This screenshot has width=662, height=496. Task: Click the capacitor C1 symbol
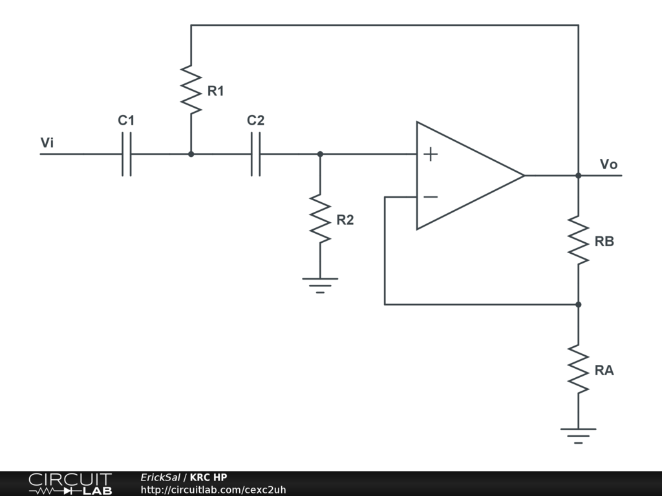126,154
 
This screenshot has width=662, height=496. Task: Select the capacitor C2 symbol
255,154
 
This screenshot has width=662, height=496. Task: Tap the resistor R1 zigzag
191,89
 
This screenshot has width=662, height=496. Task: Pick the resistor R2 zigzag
320,218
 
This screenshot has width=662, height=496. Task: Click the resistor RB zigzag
579,240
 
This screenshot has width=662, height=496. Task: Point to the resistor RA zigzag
579,369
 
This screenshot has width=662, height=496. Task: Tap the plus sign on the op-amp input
431,154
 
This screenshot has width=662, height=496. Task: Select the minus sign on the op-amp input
431,196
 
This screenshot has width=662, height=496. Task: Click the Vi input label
47,143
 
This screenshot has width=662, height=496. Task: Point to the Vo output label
608,164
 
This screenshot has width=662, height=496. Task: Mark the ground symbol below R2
320,284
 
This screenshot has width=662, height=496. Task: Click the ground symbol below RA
579,434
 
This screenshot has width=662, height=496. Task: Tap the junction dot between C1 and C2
191,154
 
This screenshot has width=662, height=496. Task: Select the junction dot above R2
320,154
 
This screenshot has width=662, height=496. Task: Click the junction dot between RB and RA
579,304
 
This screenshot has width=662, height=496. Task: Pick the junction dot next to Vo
579,175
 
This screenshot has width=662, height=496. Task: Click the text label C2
255,120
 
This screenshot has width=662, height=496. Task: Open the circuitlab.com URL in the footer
213,490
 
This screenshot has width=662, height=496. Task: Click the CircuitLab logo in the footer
70,484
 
